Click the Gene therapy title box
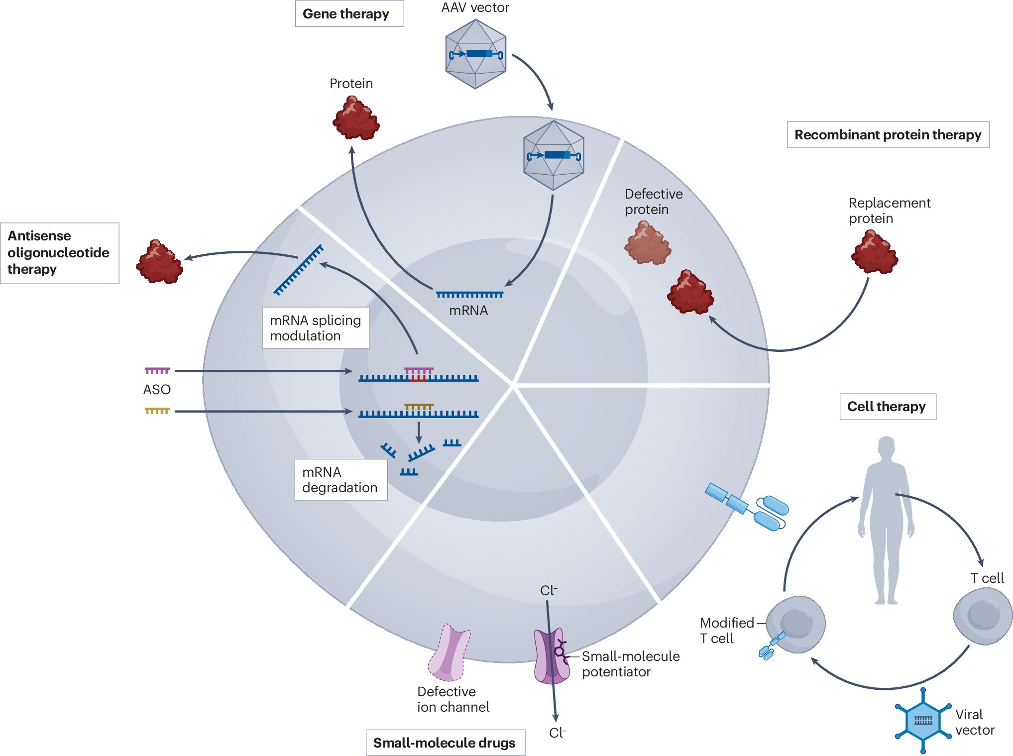point(349,14)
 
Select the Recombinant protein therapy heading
point(888,135)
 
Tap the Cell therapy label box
point(888,407)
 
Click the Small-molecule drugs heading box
point(445,743)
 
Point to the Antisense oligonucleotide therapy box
point(60,253)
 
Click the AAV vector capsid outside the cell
point(476,54)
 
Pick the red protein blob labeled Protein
point(356,118)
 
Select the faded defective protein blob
point(648,243)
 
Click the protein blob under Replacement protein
point(875,252)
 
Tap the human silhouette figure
point(886,520)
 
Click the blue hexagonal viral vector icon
point(923,720)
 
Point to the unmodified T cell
point(983,616)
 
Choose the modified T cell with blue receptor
point(793,626)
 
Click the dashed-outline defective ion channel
point(449,652)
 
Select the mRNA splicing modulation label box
point(316,328)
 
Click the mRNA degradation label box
point(341,480)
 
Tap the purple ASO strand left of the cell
point(157,371)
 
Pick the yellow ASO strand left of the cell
point(157,411)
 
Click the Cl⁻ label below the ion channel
point(558,733)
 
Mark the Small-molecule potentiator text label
point(631,664)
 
